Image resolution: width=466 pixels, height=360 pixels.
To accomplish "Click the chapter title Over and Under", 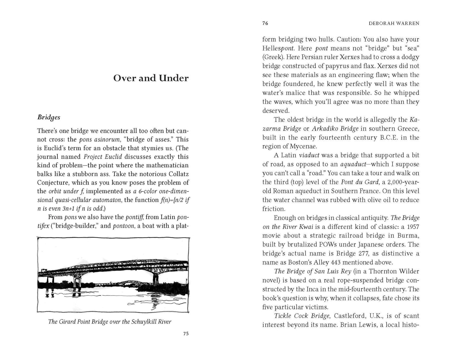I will click(x=151, y=78).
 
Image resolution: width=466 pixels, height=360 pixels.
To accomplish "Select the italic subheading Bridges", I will click(x=49, y=117).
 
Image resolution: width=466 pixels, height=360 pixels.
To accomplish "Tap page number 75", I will click(x=185, y=334).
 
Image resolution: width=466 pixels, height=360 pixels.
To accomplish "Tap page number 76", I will click(x=265, y=23).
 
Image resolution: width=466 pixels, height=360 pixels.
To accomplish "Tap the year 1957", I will click(x=412, y=227).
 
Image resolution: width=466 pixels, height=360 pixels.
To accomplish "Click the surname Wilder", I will click(x=410, y=272).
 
